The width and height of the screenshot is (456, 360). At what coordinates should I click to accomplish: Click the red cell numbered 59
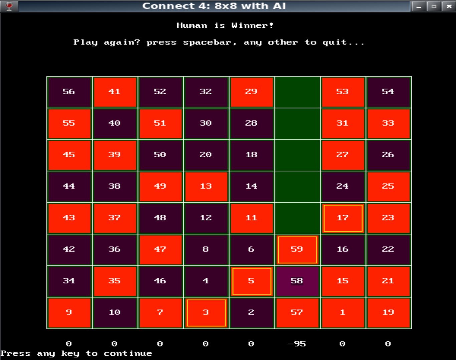click(297, 249)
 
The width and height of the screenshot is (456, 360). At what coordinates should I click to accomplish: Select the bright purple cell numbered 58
click(297, 281)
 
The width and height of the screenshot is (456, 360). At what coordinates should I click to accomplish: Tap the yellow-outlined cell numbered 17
click(343, 218)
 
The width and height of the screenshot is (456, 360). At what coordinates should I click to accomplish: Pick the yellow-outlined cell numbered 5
click(251, 281)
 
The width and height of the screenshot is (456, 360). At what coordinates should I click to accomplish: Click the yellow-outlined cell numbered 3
click(206, 313)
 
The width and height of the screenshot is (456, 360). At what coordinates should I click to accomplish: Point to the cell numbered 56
click(69, 92)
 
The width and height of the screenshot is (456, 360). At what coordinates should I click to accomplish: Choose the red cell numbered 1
click(343, 313)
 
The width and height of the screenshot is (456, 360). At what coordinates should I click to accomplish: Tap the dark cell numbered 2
click(251, 313)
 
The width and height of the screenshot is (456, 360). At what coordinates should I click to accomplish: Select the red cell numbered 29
click(251, 92)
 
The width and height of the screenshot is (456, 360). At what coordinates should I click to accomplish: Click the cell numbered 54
click(388, 92)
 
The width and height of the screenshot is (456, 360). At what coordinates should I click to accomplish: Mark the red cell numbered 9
click(69, 313)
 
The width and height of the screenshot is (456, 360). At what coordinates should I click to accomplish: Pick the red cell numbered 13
click(206, 186)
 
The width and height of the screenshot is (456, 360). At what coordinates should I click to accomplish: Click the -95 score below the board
click(296, 344)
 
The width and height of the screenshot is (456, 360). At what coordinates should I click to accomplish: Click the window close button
click(449, 6)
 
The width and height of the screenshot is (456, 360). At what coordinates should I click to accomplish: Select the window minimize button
click(419, 6)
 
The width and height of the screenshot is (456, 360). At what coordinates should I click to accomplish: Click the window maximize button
click(434, 6)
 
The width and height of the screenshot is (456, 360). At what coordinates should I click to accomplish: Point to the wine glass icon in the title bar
click(9, 6)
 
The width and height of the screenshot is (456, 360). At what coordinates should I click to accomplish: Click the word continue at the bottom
click(128, 354)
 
